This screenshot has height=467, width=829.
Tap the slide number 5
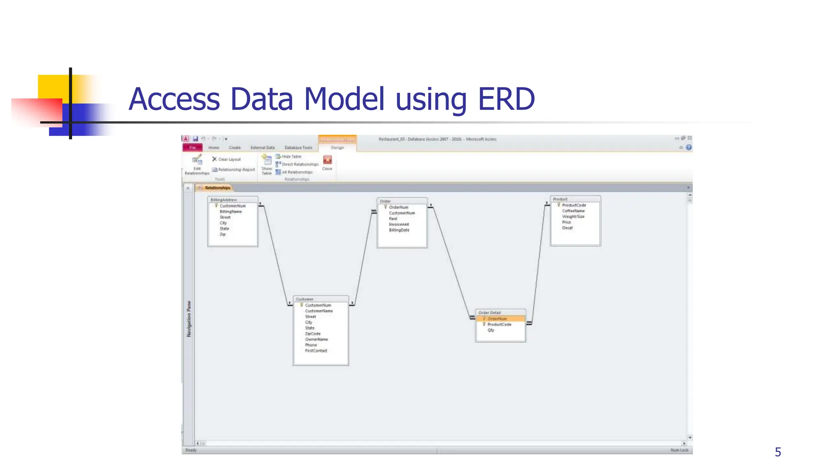coord(778,452)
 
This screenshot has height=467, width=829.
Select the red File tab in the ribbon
coord(192,148)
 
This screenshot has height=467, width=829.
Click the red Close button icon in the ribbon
coord(327,160)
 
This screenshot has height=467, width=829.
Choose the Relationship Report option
coord(236,170)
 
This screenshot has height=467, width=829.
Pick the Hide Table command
coord(291,156)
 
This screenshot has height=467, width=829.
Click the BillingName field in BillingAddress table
coord(231,212)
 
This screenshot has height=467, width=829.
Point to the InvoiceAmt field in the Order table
coord(399,224)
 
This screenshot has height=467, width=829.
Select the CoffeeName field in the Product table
coord(573,211)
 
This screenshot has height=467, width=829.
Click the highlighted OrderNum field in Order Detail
coord(497,319)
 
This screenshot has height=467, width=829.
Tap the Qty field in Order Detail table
coord(491,330)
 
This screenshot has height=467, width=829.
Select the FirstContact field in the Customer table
coord(316,351)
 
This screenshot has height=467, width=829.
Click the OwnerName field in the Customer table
coord(316,339)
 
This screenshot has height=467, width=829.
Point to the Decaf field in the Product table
coord(567,228)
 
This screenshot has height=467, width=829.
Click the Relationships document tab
coord(217,188)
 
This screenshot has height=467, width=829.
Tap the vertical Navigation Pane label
coord(189,319)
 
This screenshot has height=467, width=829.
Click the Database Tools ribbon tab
coord(298,148)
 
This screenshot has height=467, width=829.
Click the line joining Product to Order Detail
coord(539,263)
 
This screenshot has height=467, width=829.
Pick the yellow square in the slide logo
coord(53,86)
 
